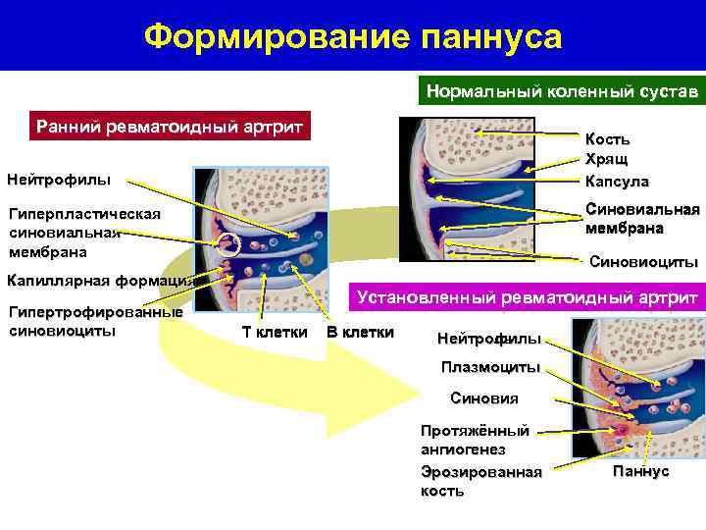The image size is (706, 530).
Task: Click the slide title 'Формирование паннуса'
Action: (353, 37)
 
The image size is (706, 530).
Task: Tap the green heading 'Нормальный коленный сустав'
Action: (562, 92)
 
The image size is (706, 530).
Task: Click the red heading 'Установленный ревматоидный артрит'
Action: (528, 297)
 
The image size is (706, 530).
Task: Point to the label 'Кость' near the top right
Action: (608, 139)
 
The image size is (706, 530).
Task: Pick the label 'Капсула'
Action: (617, 181)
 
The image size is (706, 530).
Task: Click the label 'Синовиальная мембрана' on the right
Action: (642, 218)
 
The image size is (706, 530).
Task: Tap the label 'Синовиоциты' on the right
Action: (643, 262)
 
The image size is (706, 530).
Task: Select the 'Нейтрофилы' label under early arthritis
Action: (59, 180)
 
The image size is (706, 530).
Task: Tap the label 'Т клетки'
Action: (275, 332)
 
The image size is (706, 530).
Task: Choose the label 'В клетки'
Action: (360, 332)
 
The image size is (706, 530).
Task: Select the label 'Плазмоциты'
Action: (490, 368)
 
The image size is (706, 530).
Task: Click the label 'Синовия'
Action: (483, 398)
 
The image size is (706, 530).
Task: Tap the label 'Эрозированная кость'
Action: (480, 481)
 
